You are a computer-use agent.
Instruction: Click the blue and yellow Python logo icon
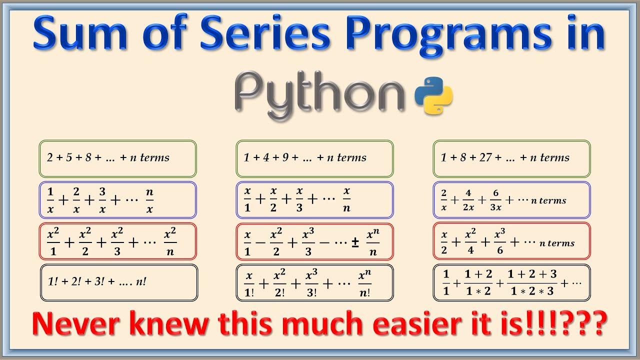click(434, 96)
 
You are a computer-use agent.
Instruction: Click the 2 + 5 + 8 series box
click(118, 158)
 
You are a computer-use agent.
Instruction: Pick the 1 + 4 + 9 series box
click(314, 158)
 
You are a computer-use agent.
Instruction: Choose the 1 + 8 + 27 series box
click(511, 158)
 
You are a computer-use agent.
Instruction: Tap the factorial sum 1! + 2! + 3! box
click(118, 282)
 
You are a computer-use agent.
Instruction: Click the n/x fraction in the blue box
click(149, 200)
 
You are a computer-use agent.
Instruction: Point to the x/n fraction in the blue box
click(346, 200)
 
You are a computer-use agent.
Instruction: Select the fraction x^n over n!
click(364, 283)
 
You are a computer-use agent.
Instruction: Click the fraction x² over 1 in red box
click(53, 242)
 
